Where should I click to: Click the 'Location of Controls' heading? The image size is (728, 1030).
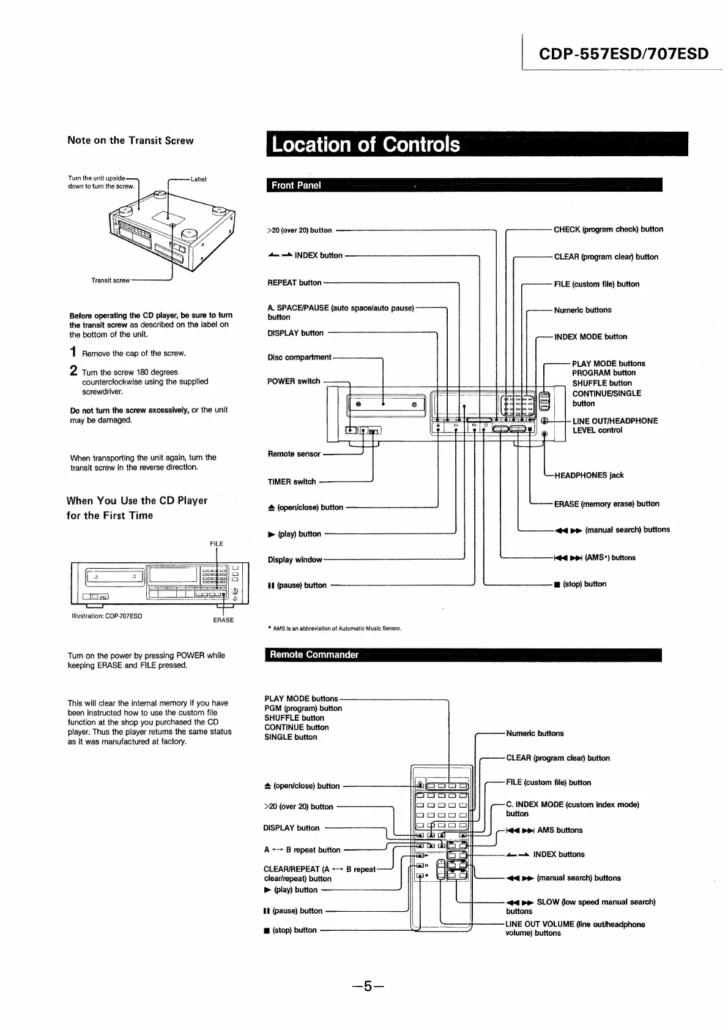tap(366, 145)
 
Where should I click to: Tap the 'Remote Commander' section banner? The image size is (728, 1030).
tap(314, 655)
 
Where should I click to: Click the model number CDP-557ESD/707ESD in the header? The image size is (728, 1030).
tap(623, 54)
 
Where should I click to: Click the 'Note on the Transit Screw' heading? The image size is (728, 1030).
tap(130, 140)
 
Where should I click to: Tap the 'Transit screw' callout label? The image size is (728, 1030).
tap(110, 280)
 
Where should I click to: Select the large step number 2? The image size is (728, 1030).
tap(73, 371)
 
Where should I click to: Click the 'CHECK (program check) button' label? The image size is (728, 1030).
tap(608, 230)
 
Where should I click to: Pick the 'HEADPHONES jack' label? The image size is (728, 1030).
tap(589, 475)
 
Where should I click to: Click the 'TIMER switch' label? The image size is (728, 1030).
tap(292, 482)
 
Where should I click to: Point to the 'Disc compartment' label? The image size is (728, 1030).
tap(299, 358)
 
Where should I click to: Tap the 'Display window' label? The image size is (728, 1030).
tap(295, 560)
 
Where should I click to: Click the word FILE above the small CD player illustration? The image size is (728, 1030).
tap(217, 544)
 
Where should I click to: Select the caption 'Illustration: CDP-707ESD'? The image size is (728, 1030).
tap(107, 616)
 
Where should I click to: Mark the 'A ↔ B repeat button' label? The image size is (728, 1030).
tap(302, 850)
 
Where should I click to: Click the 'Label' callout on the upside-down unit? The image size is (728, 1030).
tap(199, 179)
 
